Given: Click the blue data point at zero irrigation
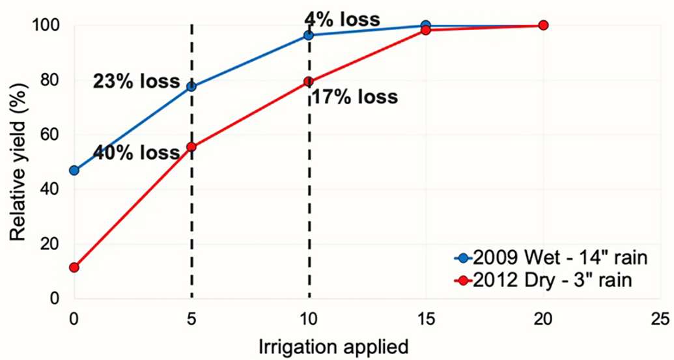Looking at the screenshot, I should click(x=74, y=171).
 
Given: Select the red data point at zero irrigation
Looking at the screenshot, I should click(x=74, y=268).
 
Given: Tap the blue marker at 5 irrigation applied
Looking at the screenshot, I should click(x=191, y=87).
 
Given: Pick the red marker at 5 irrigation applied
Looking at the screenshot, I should click(x=191, y=147).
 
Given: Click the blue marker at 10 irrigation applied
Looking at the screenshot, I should click(x=309, y=35).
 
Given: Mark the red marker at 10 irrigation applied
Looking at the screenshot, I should click(x=309, y=81).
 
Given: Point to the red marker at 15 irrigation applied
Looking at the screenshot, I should click(x=426, y=30).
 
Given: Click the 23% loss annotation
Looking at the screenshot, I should click(x=136, y=82).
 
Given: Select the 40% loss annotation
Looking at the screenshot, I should click(x=136, y=153).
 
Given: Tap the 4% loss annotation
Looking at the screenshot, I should click(x=342, y=19).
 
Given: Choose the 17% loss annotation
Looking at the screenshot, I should click(x=353, y=98).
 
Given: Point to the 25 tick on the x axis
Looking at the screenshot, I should click(x=660, y=319).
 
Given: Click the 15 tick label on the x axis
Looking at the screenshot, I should click(x=426, y=319).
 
